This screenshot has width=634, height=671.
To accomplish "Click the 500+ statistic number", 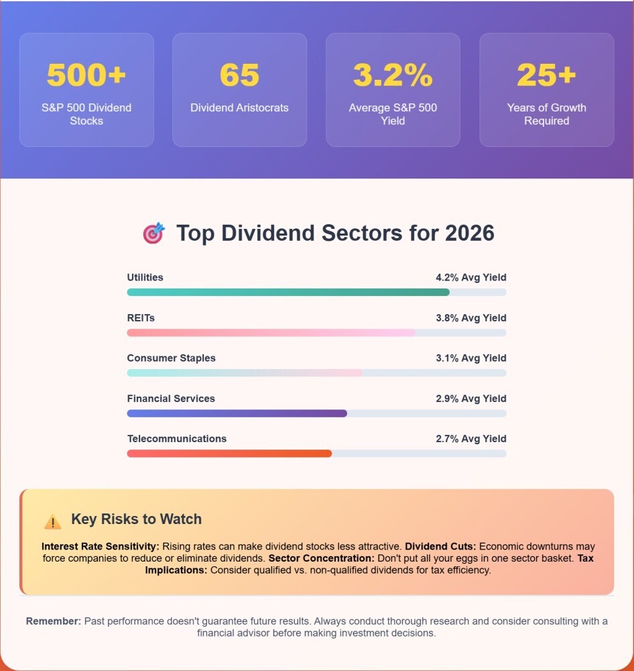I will click(86, 75).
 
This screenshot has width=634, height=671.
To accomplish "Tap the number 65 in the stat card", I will click(239, 75).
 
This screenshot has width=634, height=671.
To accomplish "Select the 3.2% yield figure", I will click(393, 75).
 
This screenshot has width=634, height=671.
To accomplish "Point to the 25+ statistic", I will click(546, 75).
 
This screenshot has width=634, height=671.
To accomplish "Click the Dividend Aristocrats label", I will click(239, 107).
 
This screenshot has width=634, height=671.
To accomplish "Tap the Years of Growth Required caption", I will click(546, 114).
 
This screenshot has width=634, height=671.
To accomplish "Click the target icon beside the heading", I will click(153, 233).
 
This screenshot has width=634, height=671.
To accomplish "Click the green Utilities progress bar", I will click(288, 292).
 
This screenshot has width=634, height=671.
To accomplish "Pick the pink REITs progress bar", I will click(271, 333).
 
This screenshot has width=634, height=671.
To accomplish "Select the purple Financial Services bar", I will click(237, 413).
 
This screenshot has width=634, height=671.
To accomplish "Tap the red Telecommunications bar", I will click(229, 454).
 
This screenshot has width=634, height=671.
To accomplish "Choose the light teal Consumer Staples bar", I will click(245, 373).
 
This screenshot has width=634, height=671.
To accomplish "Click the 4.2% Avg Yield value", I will click(470, 277).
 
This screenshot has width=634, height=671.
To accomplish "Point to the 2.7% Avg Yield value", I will click(470, 438).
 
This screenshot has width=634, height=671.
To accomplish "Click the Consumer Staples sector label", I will click(171, 358).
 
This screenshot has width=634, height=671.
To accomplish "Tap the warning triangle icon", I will click(52, 521).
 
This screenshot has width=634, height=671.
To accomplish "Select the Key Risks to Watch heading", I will click(136, 519).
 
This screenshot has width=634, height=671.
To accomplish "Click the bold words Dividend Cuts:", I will click(440, 546).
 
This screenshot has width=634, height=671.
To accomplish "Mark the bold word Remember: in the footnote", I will click(54, 621).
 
